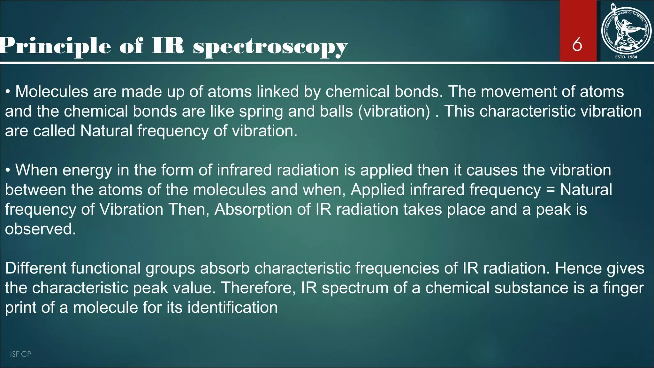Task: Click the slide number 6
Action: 577,44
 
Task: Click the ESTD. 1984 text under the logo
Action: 626,57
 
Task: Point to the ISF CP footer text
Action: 20,354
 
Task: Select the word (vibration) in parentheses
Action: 394,111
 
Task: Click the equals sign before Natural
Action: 550,190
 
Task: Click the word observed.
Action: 41,229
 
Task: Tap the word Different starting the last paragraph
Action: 35,268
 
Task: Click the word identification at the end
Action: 232,308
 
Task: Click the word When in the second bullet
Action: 36,170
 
